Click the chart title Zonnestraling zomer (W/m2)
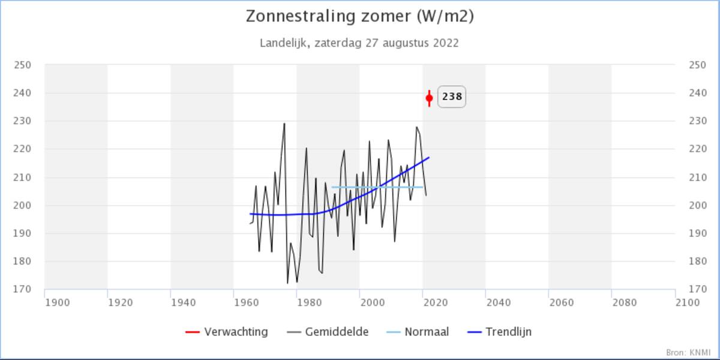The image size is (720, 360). (360, 17)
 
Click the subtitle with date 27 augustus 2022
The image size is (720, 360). (360, 43)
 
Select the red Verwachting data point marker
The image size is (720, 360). (429, 98)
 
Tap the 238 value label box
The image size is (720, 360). (452, 97)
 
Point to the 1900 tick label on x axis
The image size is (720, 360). (58, 302)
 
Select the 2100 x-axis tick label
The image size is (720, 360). (687, 302)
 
